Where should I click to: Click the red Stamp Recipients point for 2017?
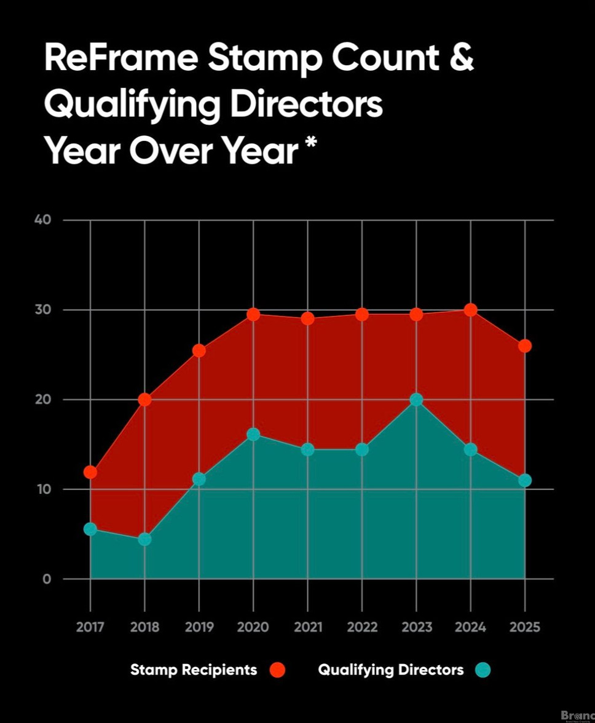tap(90, 472)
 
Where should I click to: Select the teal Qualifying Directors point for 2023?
tap(416, 400)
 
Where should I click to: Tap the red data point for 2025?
tap(524, 346)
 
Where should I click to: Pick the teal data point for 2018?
tap(144, 539)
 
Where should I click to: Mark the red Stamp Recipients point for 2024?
tap(470, 310)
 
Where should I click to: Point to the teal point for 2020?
tap(253, 435)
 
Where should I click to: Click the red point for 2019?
tap(199, 350)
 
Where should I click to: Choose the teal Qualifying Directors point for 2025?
tap(524, 480)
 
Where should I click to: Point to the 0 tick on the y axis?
tap(47, 579)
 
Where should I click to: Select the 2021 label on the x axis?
tap(307, 627)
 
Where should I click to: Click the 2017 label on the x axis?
tap(90, 627)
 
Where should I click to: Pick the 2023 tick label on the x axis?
tap(416, 627)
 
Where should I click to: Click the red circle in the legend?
tap(278, 670)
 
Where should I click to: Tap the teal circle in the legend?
tap(483, 670)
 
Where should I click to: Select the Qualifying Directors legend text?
tap(391, 670)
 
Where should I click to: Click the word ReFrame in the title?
tap(120, 58)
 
